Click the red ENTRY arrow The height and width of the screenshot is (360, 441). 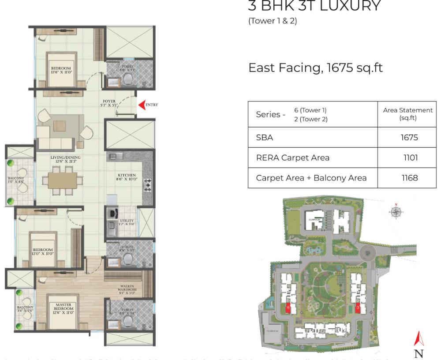(142, 105)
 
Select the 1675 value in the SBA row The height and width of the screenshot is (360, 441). (409, 137)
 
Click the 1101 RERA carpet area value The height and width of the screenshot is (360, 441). (410, 157)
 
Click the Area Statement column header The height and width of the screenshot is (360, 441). (408, 114)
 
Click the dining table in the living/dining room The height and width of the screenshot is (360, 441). (62, 180)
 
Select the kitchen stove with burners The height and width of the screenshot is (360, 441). (148, 185)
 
